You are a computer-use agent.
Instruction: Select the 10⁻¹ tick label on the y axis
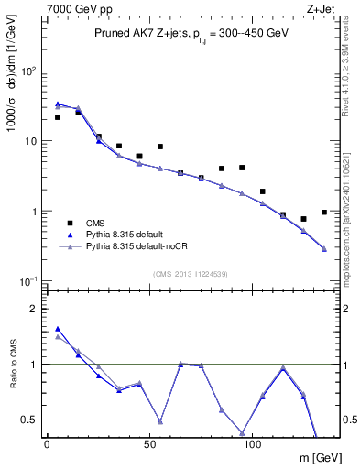[27, 280]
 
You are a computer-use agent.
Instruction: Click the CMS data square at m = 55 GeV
[160, 147]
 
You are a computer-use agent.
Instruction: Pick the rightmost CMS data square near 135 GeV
[324, 213]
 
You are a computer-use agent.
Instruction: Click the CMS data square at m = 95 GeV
[242, 168]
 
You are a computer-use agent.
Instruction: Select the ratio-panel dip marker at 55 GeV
[160, 422]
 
